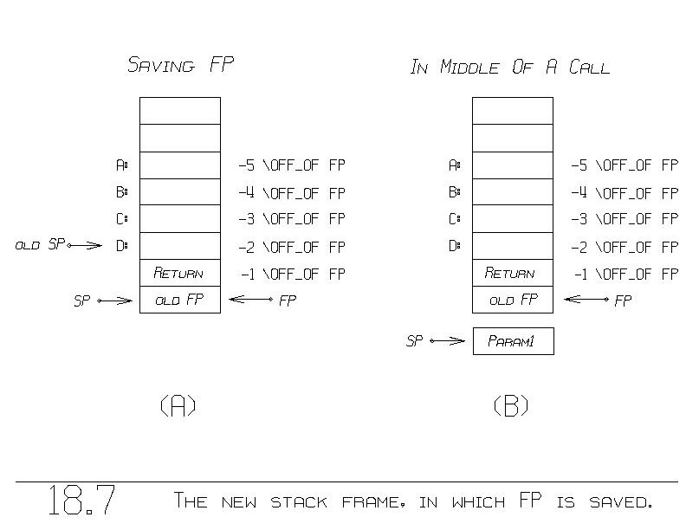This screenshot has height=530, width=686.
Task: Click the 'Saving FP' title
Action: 180,65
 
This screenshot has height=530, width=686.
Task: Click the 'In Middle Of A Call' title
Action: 509,68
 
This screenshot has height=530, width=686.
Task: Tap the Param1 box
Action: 512,341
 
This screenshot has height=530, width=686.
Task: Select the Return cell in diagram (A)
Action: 179,274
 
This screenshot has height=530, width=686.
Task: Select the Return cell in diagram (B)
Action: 512,274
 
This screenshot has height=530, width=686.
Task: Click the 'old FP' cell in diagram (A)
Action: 179,301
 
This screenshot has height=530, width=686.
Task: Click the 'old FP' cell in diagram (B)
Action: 512,301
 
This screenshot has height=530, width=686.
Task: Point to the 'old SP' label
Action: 40,246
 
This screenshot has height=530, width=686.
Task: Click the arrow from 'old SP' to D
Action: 85,246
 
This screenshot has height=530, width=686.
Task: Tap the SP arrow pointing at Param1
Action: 447,341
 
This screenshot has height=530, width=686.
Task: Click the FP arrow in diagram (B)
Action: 586,301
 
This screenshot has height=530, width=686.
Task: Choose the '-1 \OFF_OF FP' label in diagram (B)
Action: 625,275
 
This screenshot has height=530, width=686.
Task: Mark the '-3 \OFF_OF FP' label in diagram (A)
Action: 292,219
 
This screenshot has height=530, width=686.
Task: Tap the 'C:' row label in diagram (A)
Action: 121,219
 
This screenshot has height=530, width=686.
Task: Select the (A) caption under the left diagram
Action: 178,405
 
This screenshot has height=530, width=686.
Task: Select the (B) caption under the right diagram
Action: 511,405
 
